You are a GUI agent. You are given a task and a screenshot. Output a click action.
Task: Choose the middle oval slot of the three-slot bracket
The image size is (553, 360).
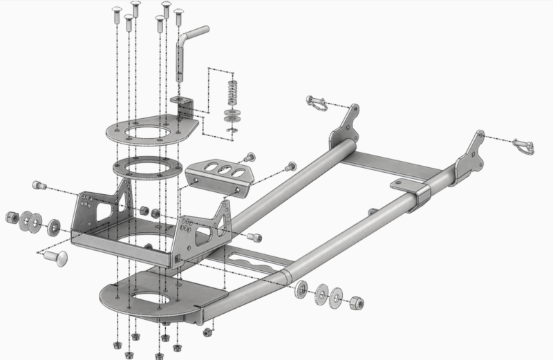tap(223, 171)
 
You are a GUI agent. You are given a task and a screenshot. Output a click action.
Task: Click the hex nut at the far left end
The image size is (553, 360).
tap(12, 218)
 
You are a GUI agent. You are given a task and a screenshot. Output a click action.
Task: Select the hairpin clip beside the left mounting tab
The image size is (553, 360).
tap(317, 104)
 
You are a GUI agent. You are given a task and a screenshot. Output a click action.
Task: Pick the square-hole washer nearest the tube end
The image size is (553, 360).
tap(303, 290)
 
